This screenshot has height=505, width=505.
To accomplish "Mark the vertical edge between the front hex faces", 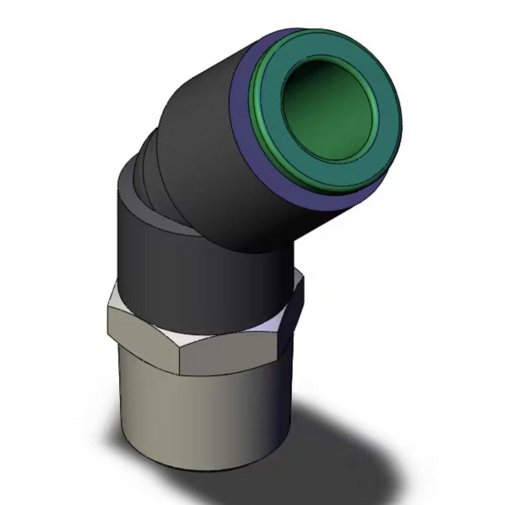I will tap(180, 359).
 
